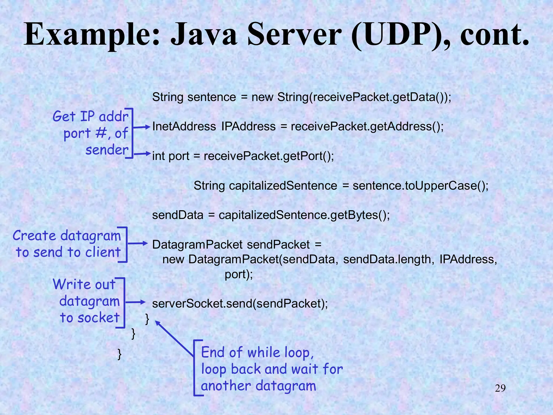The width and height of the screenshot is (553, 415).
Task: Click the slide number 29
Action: coord(500,389)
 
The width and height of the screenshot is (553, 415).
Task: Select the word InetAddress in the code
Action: coord(184,126)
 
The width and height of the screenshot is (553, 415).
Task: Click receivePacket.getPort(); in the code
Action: coord(269,156)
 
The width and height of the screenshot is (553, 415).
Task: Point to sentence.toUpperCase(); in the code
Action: coord(420,186)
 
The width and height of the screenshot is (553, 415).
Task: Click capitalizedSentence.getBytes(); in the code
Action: coord(304,215)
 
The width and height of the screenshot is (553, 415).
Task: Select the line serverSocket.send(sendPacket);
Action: coord(240,304)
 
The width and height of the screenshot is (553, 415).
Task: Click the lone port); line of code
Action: coord(239,274)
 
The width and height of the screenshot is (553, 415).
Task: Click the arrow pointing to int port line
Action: coord(142,154)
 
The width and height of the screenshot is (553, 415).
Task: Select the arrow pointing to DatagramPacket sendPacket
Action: coord(138,243)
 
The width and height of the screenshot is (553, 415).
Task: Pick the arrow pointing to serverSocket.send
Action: coord(136,302)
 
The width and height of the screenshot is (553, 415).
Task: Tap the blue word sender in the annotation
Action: coord(107,150)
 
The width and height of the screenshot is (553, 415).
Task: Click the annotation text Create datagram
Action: coord(67,236)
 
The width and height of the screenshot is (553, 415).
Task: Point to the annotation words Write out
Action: coord(84,285)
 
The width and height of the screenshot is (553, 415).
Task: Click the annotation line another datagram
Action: coord(258,386)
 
